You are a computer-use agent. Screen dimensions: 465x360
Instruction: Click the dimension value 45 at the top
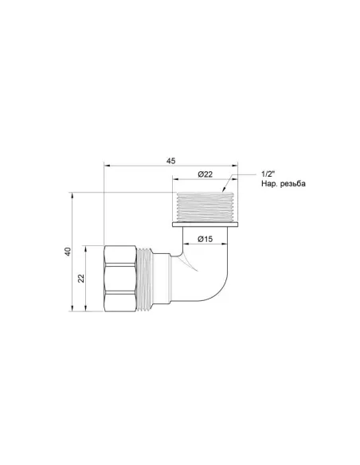point(170,161)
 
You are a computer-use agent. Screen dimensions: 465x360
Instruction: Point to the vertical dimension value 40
point(68,252)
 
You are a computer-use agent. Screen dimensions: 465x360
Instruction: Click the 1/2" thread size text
point(268,174)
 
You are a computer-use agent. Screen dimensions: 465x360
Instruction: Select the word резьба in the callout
point(289,184)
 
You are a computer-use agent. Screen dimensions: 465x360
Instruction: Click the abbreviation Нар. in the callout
point(261,184)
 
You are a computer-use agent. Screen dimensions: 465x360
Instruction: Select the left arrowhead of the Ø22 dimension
point(175,180)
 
